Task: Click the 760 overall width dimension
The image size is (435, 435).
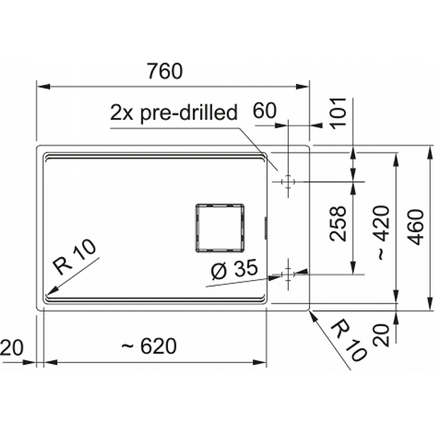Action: [165, 71]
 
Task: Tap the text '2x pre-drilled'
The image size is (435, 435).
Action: [173, 113]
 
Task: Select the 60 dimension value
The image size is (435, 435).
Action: [265, 110]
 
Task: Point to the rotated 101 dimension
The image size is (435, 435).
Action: [339, 113]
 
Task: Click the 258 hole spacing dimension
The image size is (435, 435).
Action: [338, 223]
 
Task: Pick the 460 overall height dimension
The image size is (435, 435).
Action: [416, 227]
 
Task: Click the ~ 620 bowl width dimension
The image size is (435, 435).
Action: [149, 346]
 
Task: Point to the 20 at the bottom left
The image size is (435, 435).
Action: [11, 348]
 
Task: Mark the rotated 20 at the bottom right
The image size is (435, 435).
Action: [381, 334]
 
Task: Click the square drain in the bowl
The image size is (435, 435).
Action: [220, 228]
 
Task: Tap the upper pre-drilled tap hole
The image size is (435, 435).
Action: [288, 182]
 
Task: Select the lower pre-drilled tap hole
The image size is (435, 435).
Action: [288, 275]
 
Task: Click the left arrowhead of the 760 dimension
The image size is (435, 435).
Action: [43, 86]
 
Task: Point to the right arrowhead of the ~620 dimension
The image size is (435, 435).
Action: [259, 362]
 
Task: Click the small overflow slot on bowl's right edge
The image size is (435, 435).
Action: [266, 228]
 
